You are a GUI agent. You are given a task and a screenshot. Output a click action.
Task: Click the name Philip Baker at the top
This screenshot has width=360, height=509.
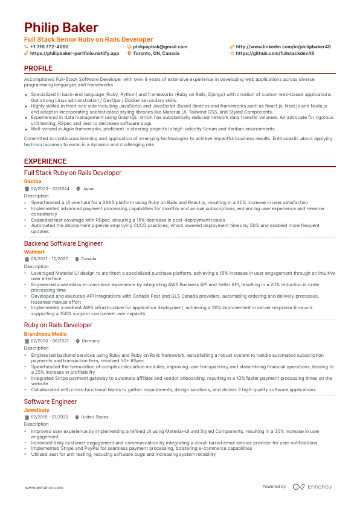pyautogui.click(x=61, y=28)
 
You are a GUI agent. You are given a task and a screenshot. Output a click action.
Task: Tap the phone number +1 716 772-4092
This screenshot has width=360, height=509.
pyautogui.click(x=49, y=46)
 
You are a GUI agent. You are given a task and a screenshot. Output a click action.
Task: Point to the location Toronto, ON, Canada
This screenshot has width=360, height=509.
pyautogui.click(x=156, y=53)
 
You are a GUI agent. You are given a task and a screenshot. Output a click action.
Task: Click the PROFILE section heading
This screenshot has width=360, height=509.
pyautogui.click(x=38, y=69)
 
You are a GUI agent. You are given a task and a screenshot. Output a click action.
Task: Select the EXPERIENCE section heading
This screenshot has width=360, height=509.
pyautogui.click(x=45, y=161)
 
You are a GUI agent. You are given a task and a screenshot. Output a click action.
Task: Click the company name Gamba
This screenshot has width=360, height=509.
pyautogui.click(x=33, y=181)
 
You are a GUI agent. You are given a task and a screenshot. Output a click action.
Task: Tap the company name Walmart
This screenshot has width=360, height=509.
pyautogui.click(x=34, y=251)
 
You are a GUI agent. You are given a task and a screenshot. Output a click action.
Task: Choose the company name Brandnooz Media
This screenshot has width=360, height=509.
pyautogui.click(x=45, y=333)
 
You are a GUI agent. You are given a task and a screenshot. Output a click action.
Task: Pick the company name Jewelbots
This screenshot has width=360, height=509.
pyautogui.click(x=37, y=410)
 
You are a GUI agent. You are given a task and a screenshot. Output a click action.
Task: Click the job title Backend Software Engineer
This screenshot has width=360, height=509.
pyautogui.click(x=63, y=243)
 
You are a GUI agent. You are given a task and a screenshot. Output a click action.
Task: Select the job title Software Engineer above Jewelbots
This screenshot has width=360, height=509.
pyautogui.click(x=50, y=402)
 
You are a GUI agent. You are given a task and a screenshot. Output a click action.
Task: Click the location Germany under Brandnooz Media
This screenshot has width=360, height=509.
pyautogui.click(x=91, y=341)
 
